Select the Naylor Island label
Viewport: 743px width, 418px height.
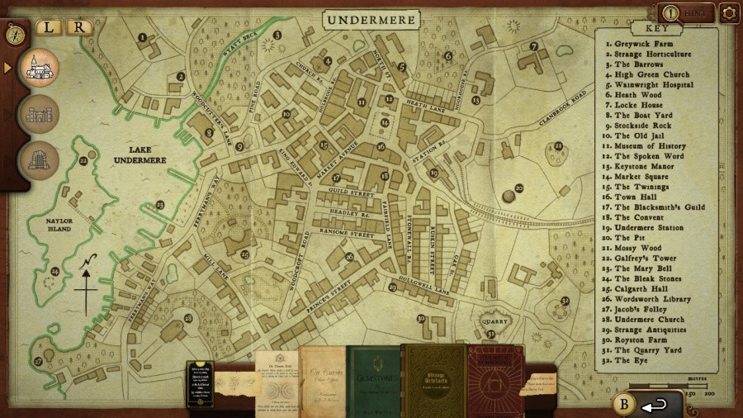click(x=52, y=223)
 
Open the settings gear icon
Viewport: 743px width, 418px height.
click(x=728, y=12)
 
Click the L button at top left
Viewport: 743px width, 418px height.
click(x=49, y=26)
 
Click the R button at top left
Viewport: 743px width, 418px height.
click(x=78, y=26)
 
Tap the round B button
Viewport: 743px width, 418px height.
click(x=623, y=404)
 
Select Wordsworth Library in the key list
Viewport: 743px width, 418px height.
click(x=651, y=299)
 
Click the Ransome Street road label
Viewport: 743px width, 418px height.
click(x=348, y=235)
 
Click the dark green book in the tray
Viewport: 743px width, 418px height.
click(x=373, y=377)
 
